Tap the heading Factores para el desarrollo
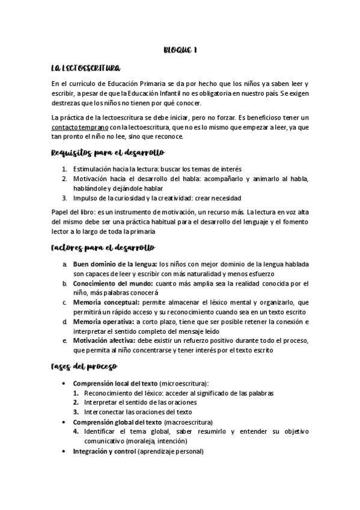click(103, 247)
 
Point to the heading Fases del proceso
click(84, 366)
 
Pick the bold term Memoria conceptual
click(106, 303)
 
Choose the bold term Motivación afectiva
click(106, 341)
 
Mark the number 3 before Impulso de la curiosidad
click(64, 197)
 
